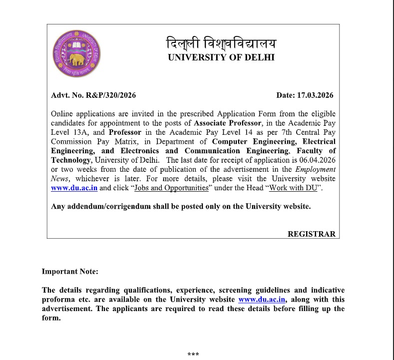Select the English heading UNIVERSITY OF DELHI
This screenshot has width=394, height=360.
coord(221,57)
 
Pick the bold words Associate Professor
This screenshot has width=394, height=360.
coord(228,123)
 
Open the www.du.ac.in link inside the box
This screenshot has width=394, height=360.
coord(74,188)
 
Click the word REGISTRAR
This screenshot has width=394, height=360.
coord(312,234)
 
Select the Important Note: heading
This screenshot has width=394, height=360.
coord(70,272)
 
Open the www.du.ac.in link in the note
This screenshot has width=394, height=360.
coord(262,300)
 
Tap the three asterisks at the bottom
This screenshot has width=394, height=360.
coord(193,355)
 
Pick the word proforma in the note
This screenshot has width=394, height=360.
coord(59,300)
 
